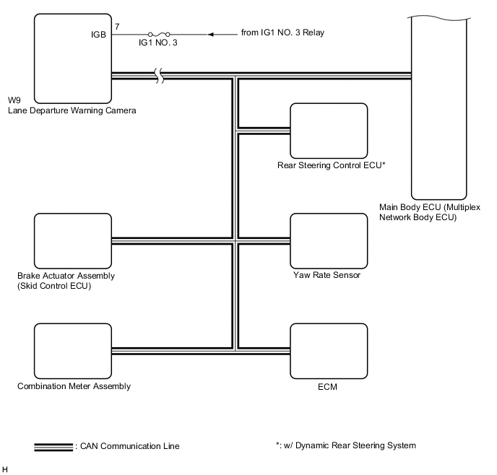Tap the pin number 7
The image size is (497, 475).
(118, 27)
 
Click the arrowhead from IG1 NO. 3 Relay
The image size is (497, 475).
(212, 34)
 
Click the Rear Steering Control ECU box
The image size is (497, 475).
(329, 130)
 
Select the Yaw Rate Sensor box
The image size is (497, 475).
(329, 240)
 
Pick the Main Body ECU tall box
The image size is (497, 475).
(441, 108)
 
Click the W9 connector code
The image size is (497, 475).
(13, 100)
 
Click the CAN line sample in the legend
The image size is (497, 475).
(53, 446)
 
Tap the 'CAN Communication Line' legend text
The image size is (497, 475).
(127, 446)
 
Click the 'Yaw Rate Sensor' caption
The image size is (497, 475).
(327, 275)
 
